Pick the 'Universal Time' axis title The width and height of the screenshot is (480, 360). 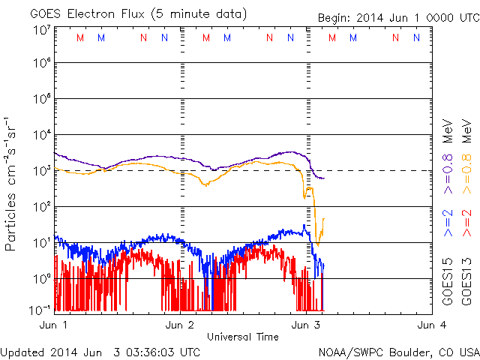point(242,337)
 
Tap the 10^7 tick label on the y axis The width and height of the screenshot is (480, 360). point(40,30)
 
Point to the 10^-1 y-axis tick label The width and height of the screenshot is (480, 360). point(40,309)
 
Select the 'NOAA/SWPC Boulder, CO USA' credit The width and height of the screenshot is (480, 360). point(398,351)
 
